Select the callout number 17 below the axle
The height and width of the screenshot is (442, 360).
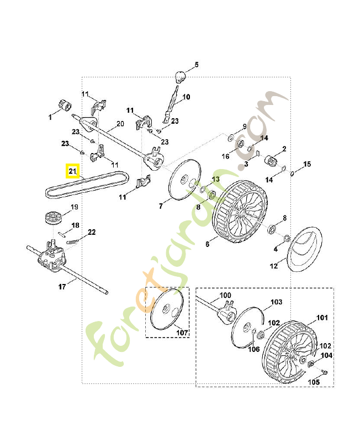[62, 286]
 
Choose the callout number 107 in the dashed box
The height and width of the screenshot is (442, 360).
[182, 333]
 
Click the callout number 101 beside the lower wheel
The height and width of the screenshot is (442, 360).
[321, 318]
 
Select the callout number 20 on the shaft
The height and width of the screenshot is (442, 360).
[120, 124]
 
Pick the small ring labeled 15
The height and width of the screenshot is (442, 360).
[292, 172]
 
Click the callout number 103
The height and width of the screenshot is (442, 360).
[276, 302]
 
